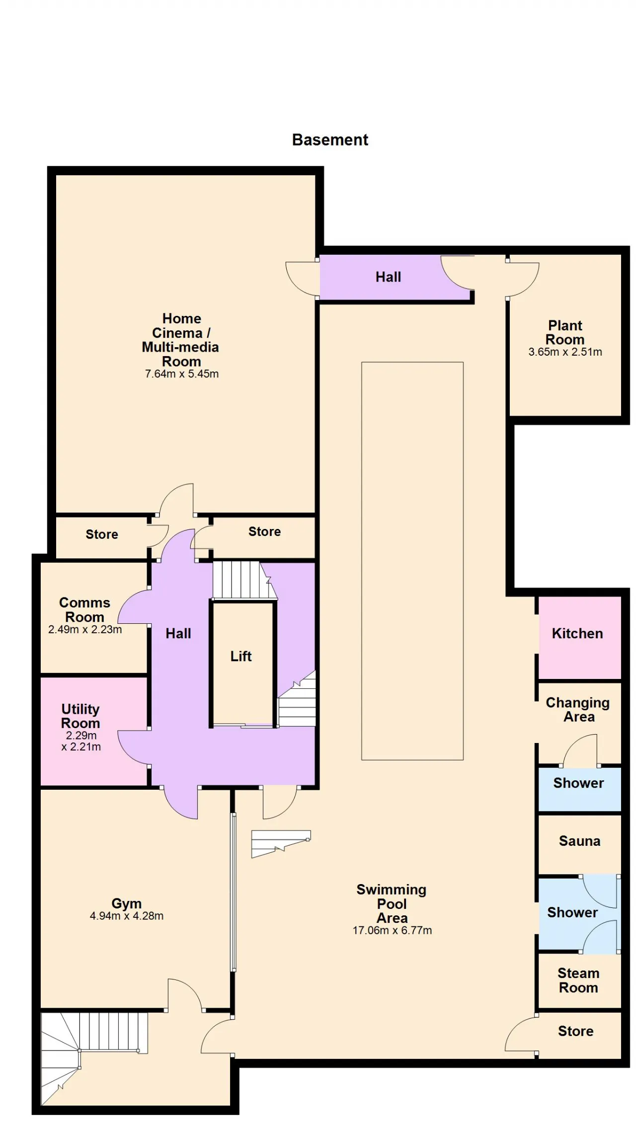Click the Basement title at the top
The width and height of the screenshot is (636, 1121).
click(330, 140)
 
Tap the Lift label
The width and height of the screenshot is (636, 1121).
click(241, 656)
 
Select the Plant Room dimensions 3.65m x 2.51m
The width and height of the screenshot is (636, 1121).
click(565, 352)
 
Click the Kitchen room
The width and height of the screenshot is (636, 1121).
click(580, 638)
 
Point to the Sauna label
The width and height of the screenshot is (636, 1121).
click(579, 841)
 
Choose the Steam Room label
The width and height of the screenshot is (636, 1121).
click(578, 980)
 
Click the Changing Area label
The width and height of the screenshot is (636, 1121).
click(578, 710)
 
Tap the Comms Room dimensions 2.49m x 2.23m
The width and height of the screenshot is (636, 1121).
click(85, 630)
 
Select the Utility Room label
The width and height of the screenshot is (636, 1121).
click(80, 716)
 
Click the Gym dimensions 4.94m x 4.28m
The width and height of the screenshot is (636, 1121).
click(127, 916)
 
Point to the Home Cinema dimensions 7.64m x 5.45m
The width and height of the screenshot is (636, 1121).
click(182, 374)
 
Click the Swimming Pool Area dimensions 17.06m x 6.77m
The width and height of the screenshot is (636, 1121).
click(392, 930)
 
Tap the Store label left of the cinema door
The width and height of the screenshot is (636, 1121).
click(102, 534)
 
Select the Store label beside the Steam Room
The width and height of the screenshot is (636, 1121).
click(575, 1031)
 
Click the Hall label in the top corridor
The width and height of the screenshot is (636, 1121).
click(388, 277)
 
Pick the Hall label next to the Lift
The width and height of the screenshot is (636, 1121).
click(178, 634)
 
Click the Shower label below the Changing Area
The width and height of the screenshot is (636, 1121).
click(578, 783)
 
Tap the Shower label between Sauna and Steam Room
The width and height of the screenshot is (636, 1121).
click(572, 912)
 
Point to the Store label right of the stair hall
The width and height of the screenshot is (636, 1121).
click(264, 532)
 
